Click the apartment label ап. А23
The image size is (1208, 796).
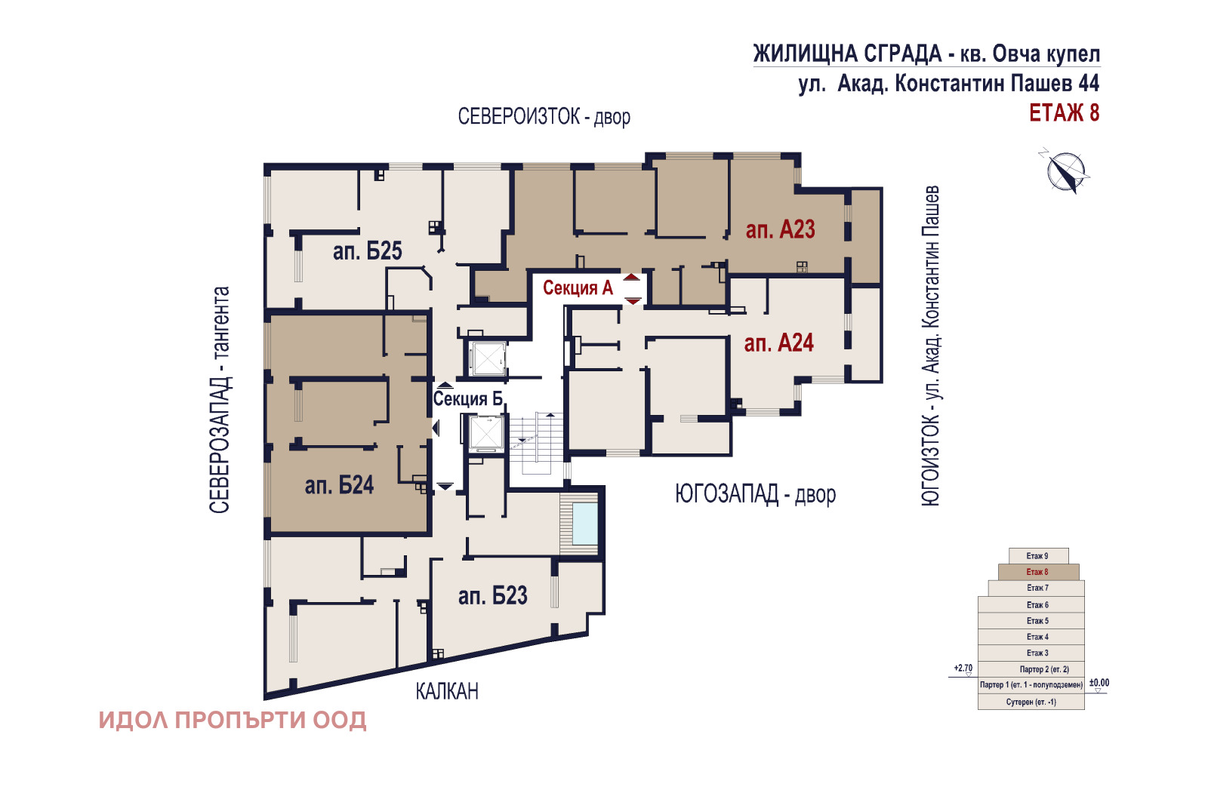(x=780, y=229)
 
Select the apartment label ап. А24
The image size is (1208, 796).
(x=778, y=343)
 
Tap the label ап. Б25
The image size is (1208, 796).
(x=367, y=251)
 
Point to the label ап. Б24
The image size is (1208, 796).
(x=339, y=485)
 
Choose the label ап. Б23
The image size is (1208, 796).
(x=492, y=596)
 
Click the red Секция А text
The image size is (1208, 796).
(x=578, y=288)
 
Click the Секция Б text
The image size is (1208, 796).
(x=467, y=398)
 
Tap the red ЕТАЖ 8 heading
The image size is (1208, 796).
(x=1064, y=113)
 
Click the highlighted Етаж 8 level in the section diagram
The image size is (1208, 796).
(x=1037, y=572)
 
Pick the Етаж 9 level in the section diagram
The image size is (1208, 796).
(x=1037, y=556)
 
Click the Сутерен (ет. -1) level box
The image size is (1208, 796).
(x=1031, y=702)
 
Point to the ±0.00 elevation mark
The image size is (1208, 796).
(x=1099, y=684)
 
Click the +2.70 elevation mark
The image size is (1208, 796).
(x=963, y=668)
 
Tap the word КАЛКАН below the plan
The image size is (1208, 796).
(x=447, y=691)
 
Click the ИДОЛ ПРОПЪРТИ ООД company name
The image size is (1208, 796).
(x=233, y=721)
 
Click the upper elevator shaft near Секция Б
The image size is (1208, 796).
(x=487, y=358)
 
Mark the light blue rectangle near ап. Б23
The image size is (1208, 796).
(x=584, y=524)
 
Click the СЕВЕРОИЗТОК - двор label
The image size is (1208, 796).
(x=544, y=117)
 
